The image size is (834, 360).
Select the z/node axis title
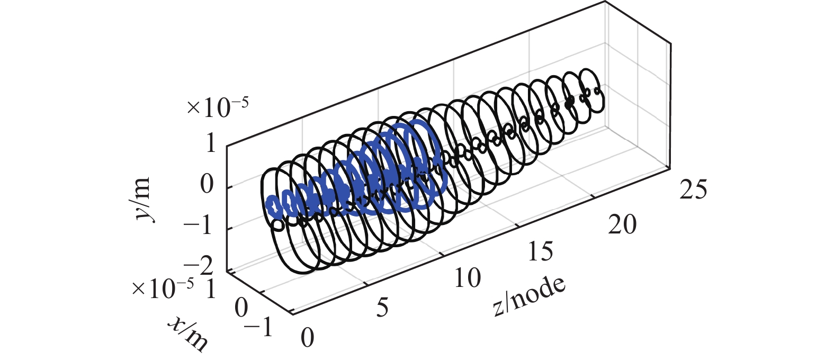[x=529, y=296]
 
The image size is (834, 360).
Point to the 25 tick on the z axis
[x=693, y=190]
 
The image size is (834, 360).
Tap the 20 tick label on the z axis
[x=622, y=224]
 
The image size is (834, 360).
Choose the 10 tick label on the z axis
[x=468, y=277]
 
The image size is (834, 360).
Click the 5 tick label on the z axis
[x=382, y=308]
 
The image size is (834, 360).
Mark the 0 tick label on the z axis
[x=308, y=337]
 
